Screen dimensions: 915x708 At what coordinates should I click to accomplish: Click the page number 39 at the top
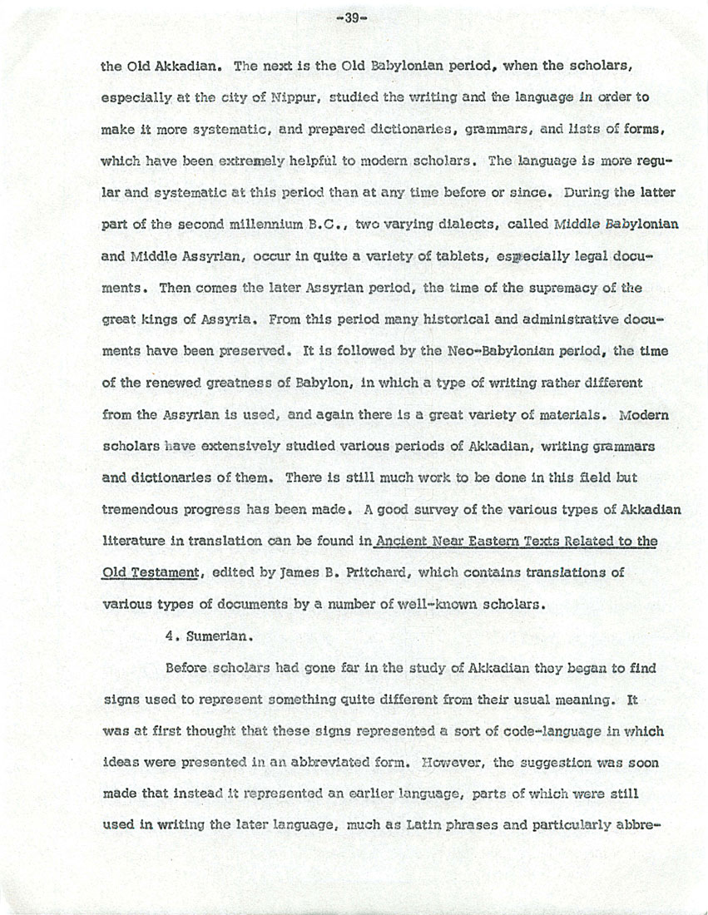coord(354,17)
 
